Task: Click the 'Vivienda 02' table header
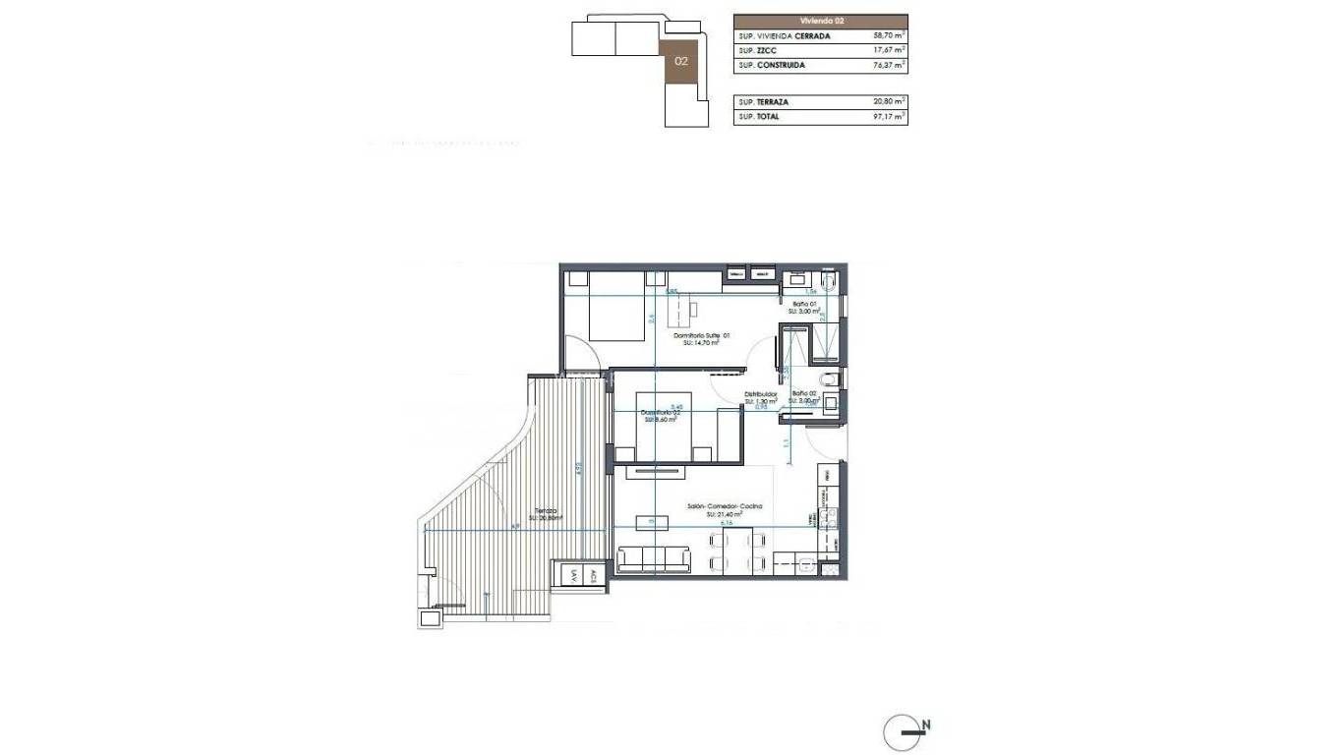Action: (x=820, y=21)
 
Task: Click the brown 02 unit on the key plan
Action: (x=680, y=60)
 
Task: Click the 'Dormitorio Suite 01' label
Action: (x=702, y=336)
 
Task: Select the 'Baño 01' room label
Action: (x=803, y=305)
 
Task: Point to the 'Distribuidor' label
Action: (x=761, y=395)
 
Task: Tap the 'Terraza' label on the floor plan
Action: (x=546, y=511)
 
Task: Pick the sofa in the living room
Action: (x=654, y=559)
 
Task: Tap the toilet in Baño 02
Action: (x=828, y=379)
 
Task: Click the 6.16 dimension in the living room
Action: (x=727, y=524)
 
